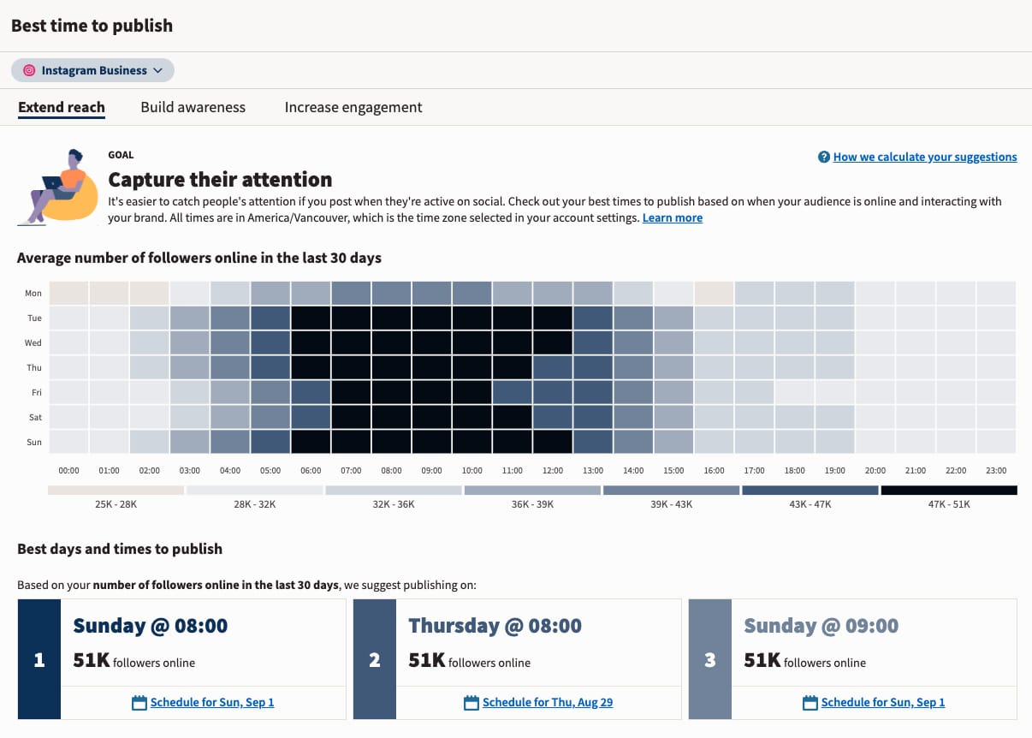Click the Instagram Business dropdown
92,70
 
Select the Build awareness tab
193,107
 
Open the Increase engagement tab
353,107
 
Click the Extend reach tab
62,107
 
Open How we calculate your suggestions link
924,157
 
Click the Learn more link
672,218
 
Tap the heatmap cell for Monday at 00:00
68,293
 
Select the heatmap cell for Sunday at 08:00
391,442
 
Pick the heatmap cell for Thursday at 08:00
391,367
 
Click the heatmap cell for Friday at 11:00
512,392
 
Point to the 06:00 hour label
311,470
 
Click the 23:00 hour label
995,470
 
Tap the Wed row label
33,342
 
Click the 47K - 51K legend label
949,504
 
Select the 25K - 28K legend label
116,504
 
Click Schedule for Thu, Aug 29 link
547,702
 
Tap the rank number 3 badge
709,660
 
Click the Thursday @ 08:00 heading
495,626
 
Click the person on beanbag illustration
56,188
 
